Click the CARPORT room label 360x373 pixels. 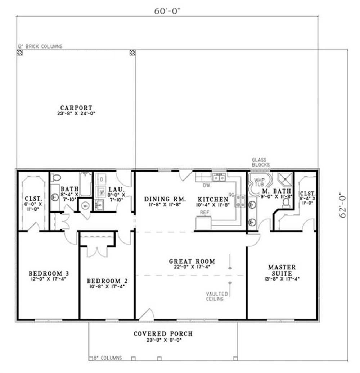(76, 108)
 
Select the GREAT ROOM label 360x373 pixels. (192, 261)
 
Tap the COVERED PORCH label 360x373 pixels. (163, 334)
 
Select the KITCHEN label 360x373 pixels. (212, 199)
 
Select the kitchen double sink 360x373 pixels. (219, 177)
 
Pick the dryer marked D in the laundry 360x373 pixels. (102, 179)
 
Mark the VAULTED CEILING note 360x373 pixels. (215, 296)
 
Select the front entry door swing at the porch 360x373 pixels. (147, 315)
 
